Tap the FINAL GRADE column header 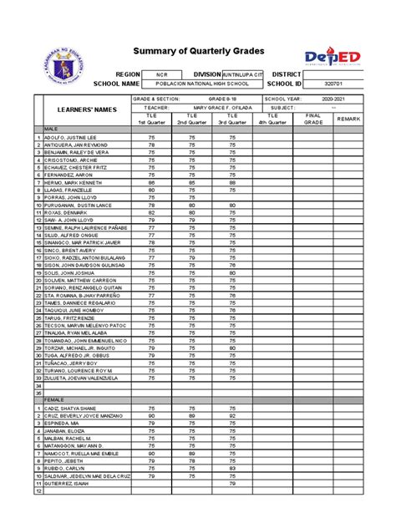pos(313,119)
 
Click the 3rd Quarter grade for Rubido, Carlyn pos(232,468)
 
